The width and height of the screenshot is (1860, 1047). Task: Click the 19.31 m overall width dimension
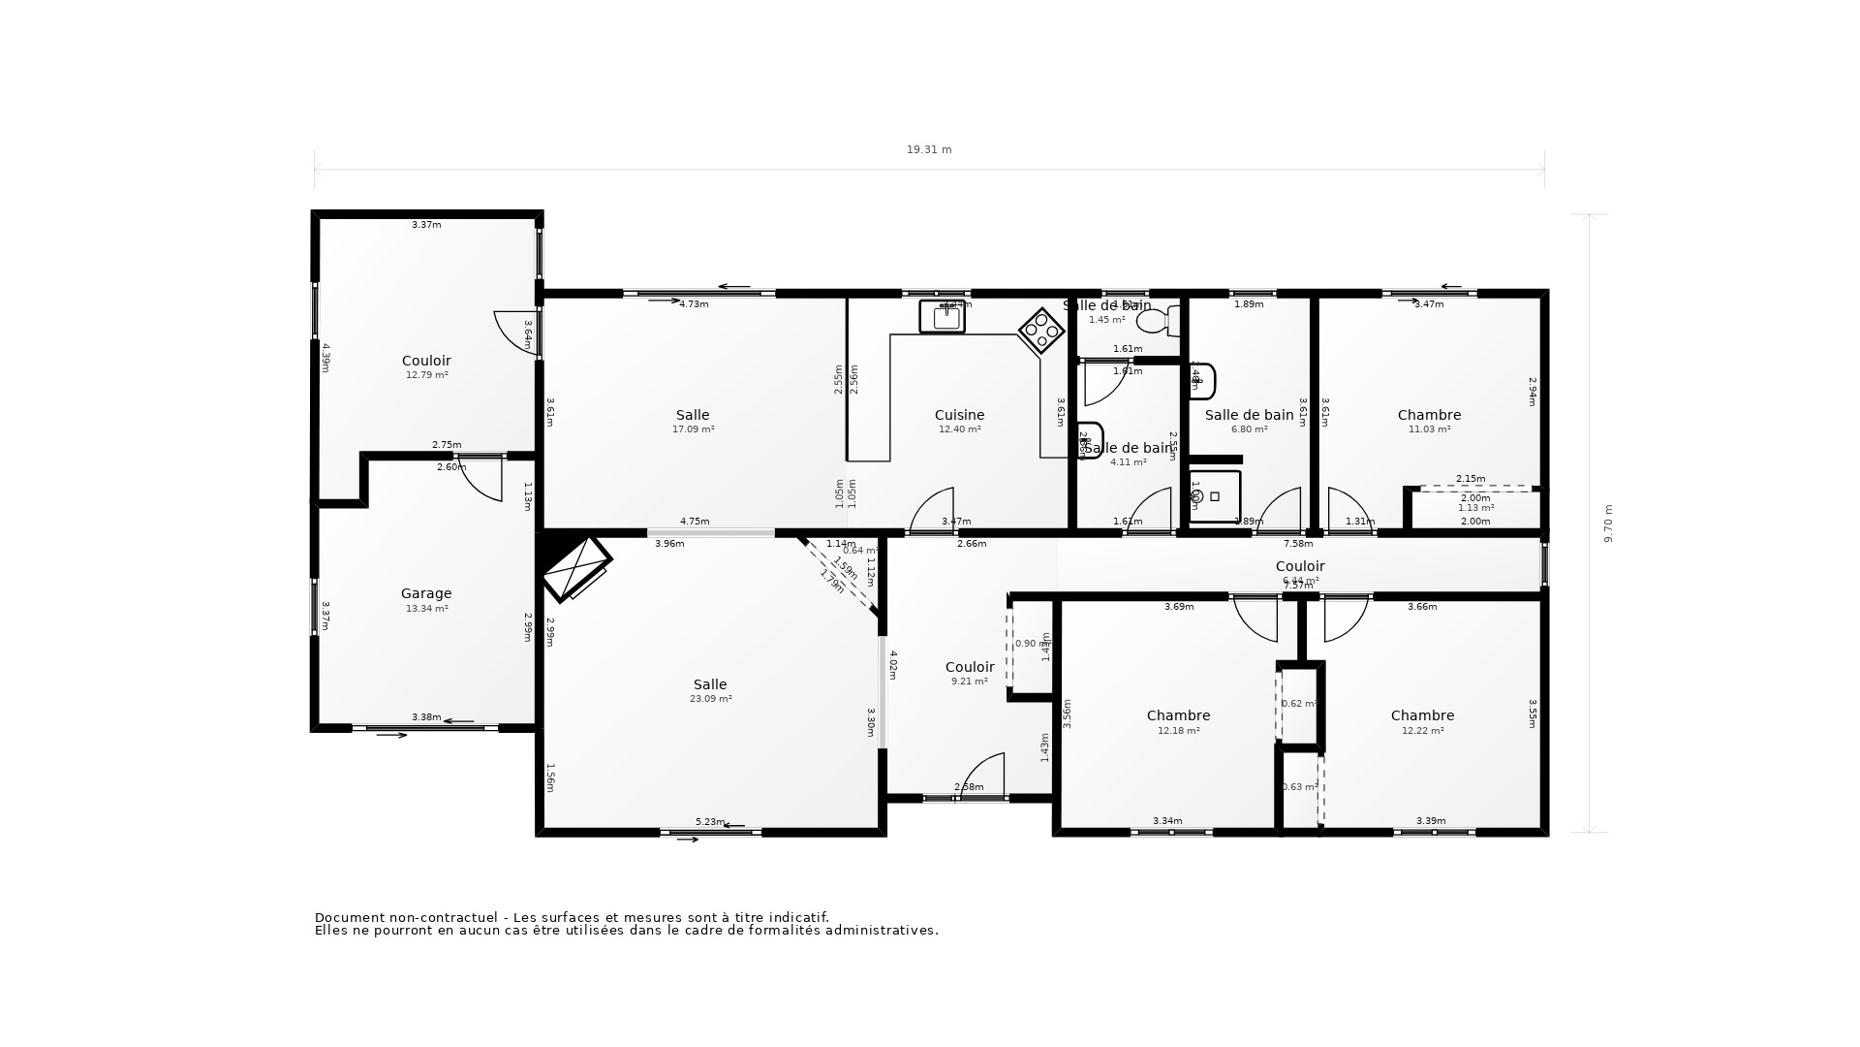point(928,150)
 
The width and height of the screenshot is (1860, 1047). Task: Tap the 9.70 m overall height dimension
point(1608,523)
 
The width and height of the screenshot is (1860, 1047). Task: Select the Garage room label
point(426,593)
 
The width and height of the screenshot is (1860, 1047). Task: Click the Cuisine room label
point(959,415)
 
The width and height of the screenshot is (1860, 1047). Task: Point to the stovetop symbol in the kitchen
point(1041,332)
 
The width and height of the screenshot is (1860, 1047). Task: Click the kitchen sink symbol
point(943,317)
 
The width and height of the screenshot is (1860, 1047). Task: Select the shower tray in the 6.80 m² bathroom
point(1215,496)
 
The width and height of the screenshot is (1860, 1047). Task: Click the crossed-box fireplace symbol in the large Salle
point(575,568)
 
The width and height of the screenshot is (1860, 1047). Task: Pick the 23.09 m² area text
point(710,699)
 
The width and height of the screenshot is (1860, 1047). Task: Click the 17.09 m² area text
point(693,429)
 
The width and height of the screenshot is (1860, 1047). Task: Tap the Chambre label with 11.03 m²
point(1429,415)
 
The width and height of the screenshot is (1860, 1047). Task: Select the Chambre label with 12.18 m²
point(1178,715)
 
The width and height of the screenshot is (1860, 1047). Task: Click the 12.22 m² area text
point(1422,731)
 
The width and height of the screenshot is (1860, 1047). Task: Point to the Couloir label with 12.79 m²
point(426,361)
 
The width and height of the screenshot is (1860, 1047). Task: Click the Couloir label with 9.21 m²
point(969,667)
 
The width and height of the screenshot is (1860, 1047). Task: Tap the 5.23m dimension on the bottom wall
point(709,822)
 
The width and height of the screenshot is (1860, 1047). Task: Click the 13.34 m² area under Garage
point(426,609)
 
